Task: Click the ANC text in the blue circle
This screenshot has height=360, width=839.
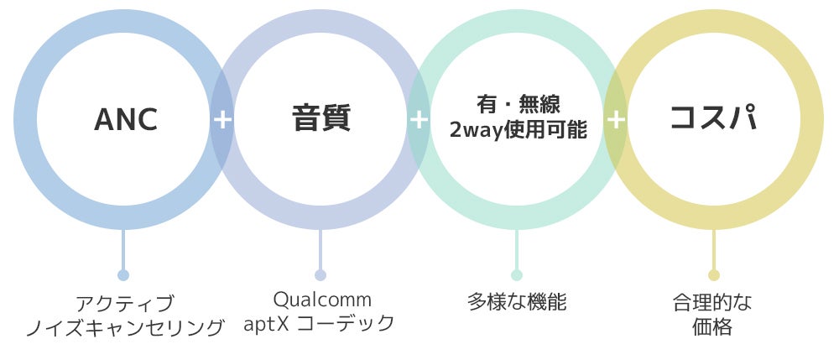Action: tap(126, 120)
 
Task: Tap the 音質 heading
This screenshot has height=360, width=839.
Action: tap(320, 118)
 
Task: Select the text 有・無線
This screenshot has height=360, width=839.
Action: tap(518, 105)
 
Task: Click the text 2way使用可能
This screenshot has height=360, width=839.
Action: tap(518, 131)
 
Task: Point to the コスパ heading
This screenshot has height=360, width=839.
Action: tap(713, 118)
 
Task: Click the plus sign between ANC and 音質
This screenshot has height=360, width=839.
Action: tap(222, 119)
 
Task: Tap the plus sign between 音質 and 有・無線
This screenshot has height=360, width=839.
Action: tap(419, 119)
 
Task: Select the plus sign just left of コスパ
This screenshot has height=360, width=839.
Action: tap(616, 119)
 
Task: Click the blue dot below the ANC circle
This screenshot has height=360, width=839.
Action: tap(123, 275)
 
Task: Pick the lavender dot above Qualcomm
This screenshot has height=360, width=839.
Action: tap(320, 275)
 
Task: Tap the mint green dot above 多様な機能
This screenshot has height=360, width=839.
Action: tap(517, 275)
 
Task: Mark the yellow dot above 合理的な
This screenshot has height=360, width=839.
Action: tap(714, 275)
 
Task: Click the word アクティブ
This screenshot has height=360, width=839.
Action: tap(124, 303)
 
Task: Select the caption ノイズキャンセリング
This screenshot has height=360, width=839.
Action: tap(124, 327)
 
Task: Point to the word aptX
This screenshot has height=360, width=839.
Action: tap(266, 324)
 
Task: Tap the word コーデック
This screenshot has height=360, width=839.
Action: tap(346, 324)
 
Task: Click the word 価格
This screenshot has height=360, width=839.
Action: tap(713, 327)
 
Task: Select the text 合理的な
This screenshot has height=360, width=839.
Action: tap(713, 302)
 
